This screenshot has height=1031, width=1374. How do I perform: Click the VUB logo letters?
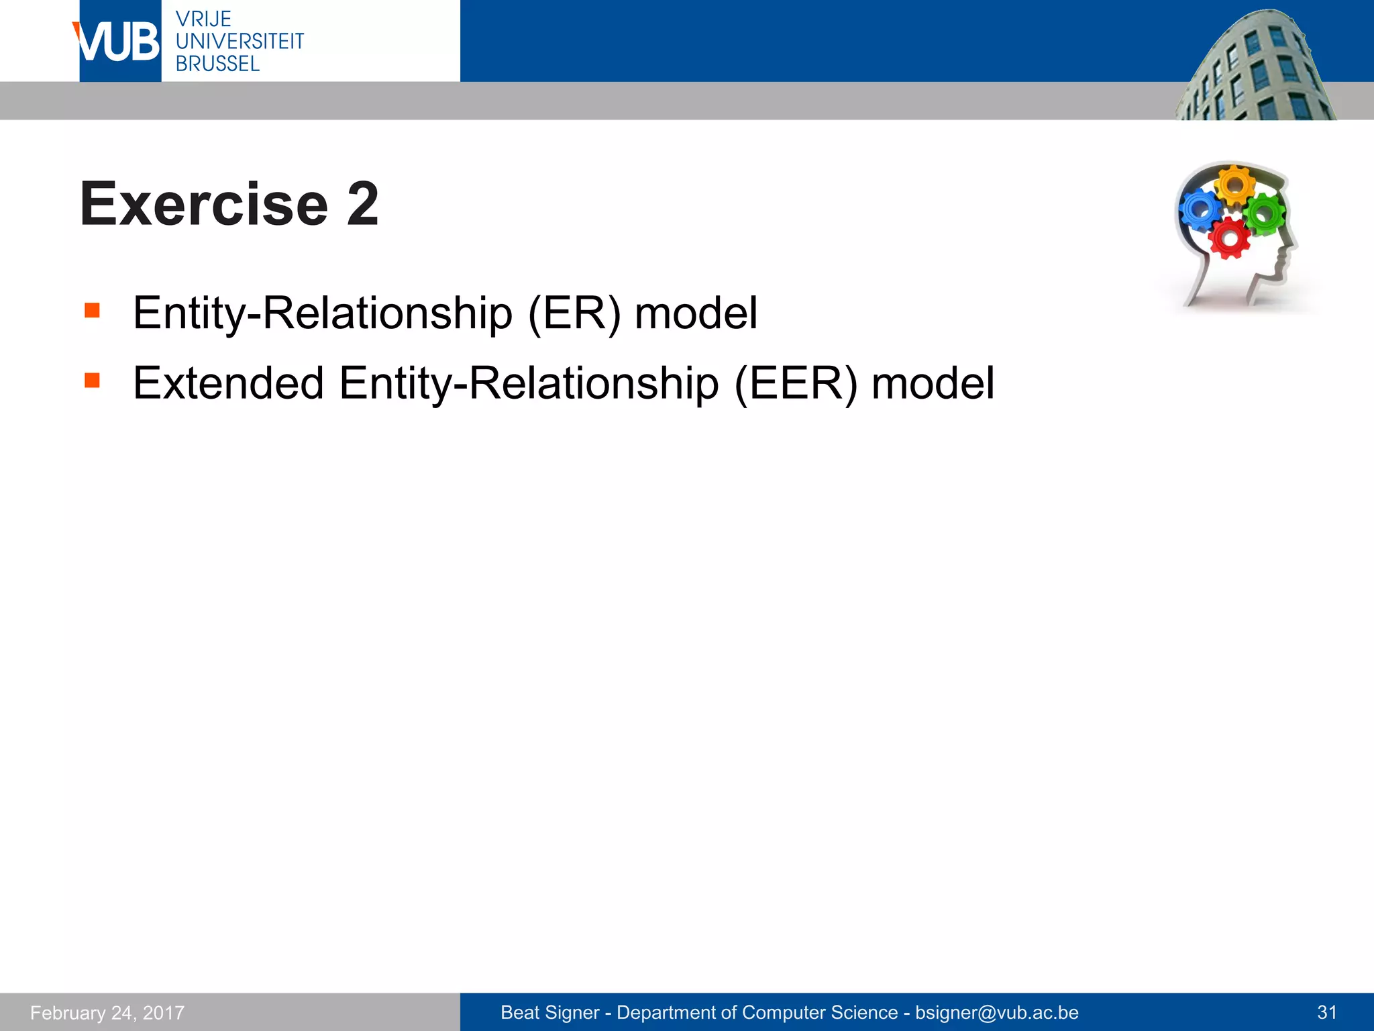click(x=119, y=42)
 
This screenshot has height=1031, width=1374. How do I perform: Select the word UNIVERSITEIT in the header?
click(x=240, y=42)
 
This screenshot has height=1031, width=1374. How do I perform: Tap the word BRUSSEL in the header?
click(x=217, y=64)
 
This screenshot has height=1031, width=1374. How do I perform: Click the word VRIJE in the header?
click(x=203, y=19)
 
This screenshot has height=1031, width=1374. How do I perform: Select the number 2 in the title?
click(x=363, y=204)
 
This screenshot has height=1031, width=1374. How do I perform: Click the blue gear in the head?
click(x=1200, y=209)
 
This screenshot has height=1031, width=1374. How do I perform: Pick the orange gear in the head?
click(x=1234, y=185)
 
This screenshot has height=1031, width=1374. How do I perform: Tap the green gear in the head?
click(x=1264, y=214)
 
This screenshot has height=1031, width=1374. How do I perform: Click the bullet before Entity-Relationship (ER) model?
click(x=92, y=310)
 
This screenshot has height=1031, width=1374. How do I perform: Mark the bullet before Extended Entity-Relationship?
click(x=92, y=381)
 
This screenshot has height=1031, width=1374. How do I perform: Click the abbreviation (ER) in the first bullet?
click(x=574, y=313)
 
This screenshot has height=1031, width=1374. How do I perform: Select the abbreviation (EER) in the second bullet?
click(x=796, y=383)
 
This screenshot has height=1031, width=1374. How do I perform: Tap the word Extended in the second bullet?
click(x=229, y=383)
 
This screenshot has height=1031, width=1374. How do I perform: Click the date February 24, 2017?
click(x=107, y=1012)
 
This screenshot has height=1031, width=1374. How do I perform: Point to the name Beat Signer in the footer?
click(x=549, y=1012)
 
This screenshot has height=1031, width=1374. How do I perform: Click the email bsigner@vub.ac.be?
click(x=997, y=1012)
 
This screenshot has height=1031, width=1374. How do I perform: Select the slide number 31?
click(x=1327, y=1012)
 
